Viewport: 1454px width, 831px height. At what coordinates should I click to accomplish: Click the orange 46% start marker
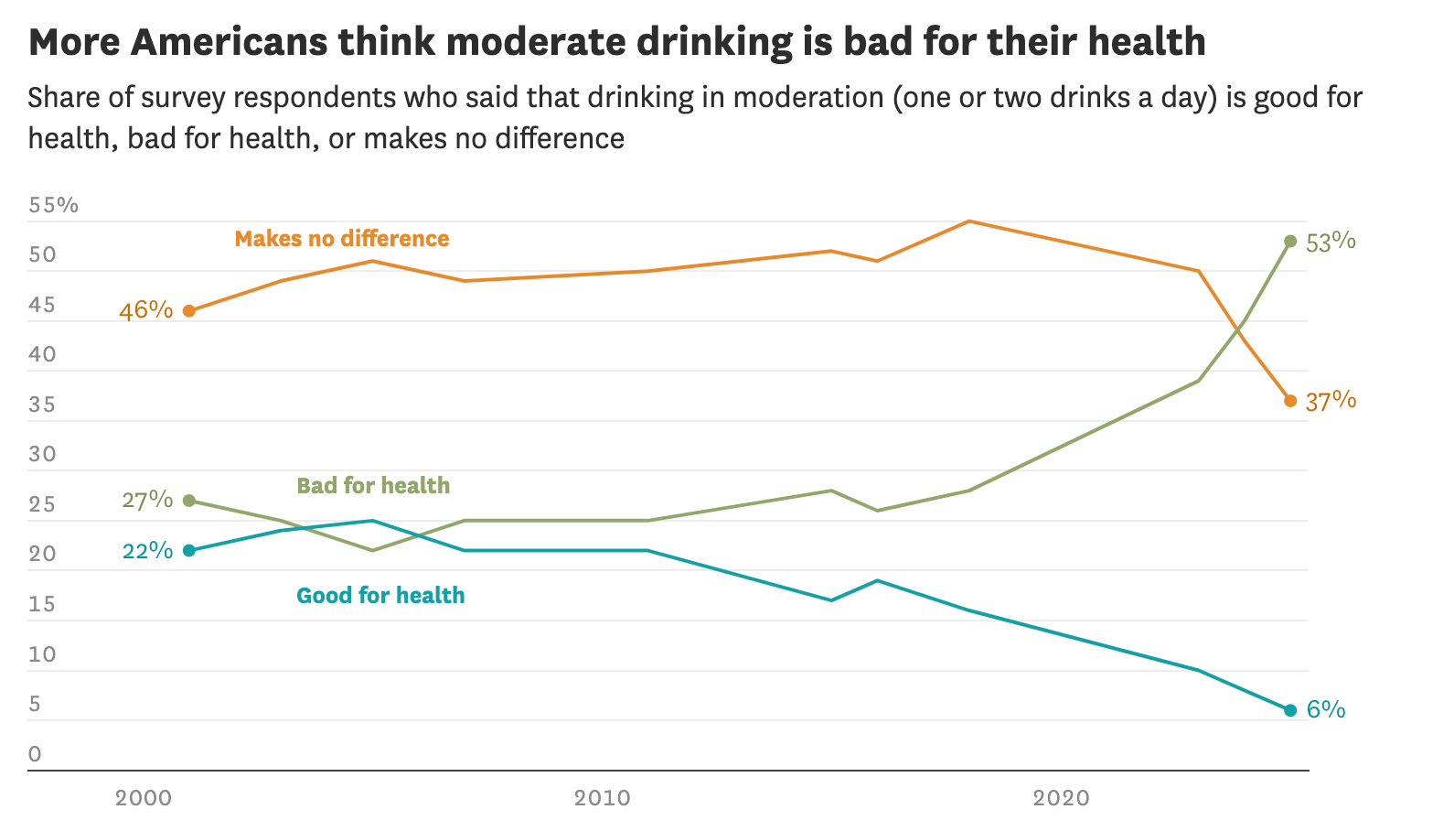(189, 311)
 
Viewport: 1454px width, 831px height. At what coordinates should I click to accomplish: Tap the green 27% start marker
(189, 501)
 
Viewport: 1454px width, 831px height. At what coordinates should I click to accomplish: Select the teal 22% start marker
(189, 550)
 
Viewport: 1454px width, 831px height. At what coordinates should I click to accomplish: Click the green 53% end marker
(1290, 241)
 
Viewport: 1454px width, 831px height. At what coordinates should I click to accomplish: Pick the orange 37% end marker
(1290, 401)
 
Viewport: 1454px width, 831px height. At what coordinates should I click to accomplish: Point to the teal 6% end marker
(1290, 710)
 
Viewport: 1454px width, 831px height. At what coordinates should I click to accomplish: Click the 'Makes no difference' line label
(342, 239)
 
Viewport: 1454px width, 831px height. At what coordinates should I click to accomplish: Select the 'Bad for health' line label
(373, 485)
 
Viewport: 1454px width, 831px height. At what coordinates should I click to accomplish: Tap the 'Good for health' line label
(380, 596)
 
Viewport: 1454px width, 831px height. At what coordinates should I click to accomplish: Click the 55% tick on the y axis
(53, 205)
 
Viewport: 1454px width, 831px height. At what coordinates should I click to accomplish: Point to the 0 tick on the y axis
(36, 754)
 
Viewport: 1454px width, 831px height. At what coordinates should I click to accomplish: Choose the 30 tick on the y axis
(42, 455)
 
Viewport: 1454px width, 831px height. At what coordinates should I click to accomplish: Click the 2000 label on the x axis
(144, 798)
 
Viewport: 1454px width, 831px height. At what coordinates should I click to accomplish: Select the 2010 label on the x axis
(603, 798)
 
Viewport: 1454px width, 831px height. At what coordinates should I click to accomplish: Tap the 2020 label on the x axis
(1062, 798)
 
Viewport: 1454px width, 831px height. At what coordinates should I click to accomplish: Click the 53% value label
(1331, 242)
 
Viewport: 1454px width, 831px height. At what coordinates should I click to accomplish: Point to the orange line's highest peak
(968, 221)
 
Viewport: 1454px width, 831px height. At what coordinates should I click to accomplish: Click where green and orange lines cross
(1241, 326)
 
